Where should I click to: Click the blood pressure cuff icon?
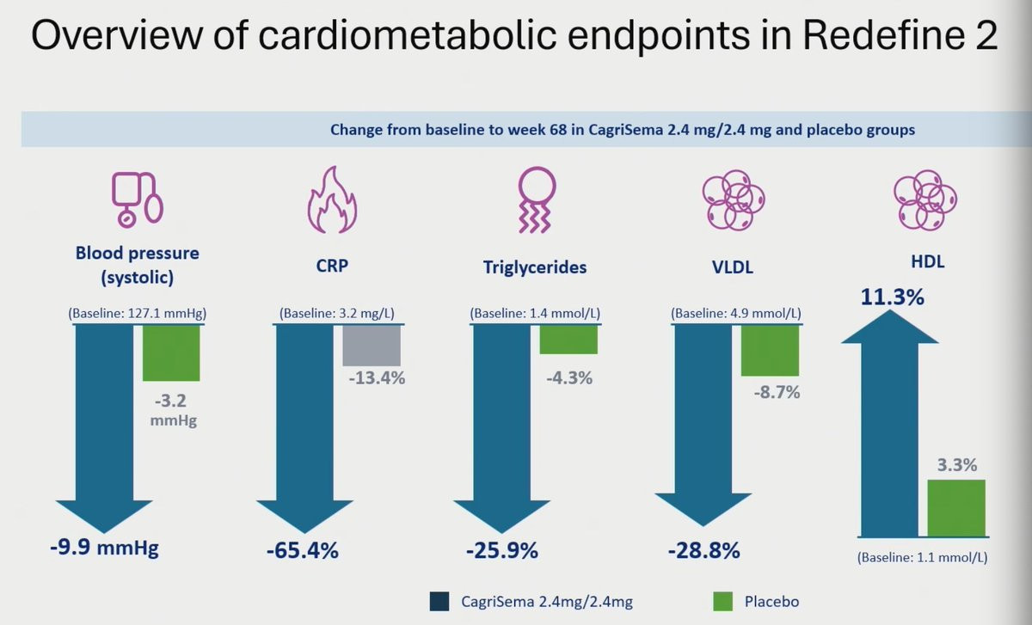(137, 199)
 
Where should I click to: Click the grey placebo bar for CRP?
(372, 345)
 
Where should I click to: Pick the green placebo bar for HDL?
(956, 508)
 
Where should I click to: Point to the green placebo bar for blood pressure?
(171, 352)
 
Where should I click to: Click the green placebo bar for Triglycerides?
(568, 339)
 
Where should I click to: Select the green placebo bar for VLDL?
(771, 350)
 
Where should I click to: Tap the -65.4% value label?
(302, 550)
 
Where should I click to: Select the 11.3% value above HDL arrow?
(893, 298)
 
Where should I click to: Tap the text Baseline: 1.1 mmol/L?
(922, 557)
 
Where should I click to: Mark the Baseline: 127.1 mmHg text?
(138, 313)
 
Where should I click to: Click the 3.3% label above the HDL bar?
(956, 465)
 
